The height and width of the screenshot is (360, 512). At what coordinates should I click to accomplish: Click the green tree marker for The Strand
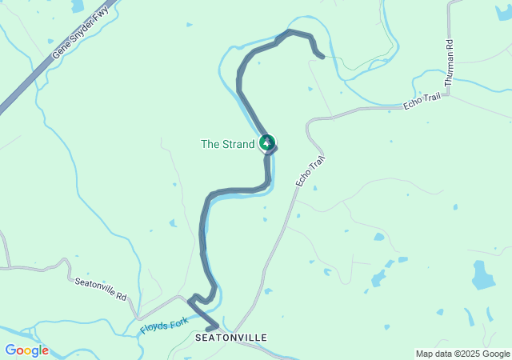tap(267, 143)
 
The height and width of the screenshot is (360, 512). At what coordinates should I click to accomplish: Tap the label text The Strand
tap(226, 144)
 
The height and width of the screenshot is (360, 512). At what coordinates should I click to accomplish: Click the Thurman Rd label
tap(449, 63)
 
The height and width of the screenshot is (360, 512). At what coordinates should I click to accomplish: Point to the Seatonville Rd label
tap(101, 289)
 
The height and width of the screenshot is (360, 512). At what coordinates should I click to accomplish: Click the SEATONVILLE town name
tap(230, 338)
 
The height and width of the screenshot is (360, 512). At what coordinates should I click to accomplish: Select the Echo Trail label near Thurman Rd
tap(422, 102)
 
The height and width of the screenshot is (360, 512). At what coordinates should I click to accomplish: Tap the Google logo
tap(26, 350)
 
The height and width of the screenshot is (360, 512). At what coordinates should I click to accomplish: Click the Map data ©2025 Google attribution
tap(462, 354)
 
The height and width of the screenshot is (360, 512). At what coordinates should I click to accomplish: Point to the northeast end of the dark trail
tap(322, 57)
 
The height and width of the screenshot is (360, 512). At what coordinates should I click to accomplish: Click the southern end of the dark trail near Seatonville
tap(207, 329)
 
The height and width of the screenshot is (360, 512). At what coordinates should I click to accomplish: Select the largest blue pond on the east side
tap(482, 276)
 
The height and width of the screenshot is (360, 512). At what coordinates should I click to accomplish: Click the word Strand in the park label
tap(238, 144)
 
